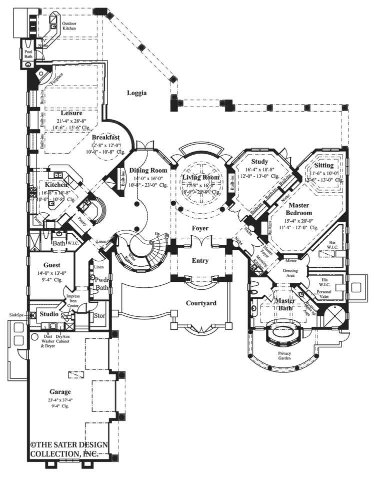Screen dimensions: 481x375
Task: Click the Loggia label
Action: coord(136,93)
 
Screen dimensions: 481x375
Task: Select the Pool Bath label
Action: coord(28,54)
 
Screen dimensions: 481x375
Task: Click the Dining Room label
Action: coord(148,170)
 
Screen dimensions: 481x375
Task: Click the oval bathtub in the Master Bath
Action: coord(282,333)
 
